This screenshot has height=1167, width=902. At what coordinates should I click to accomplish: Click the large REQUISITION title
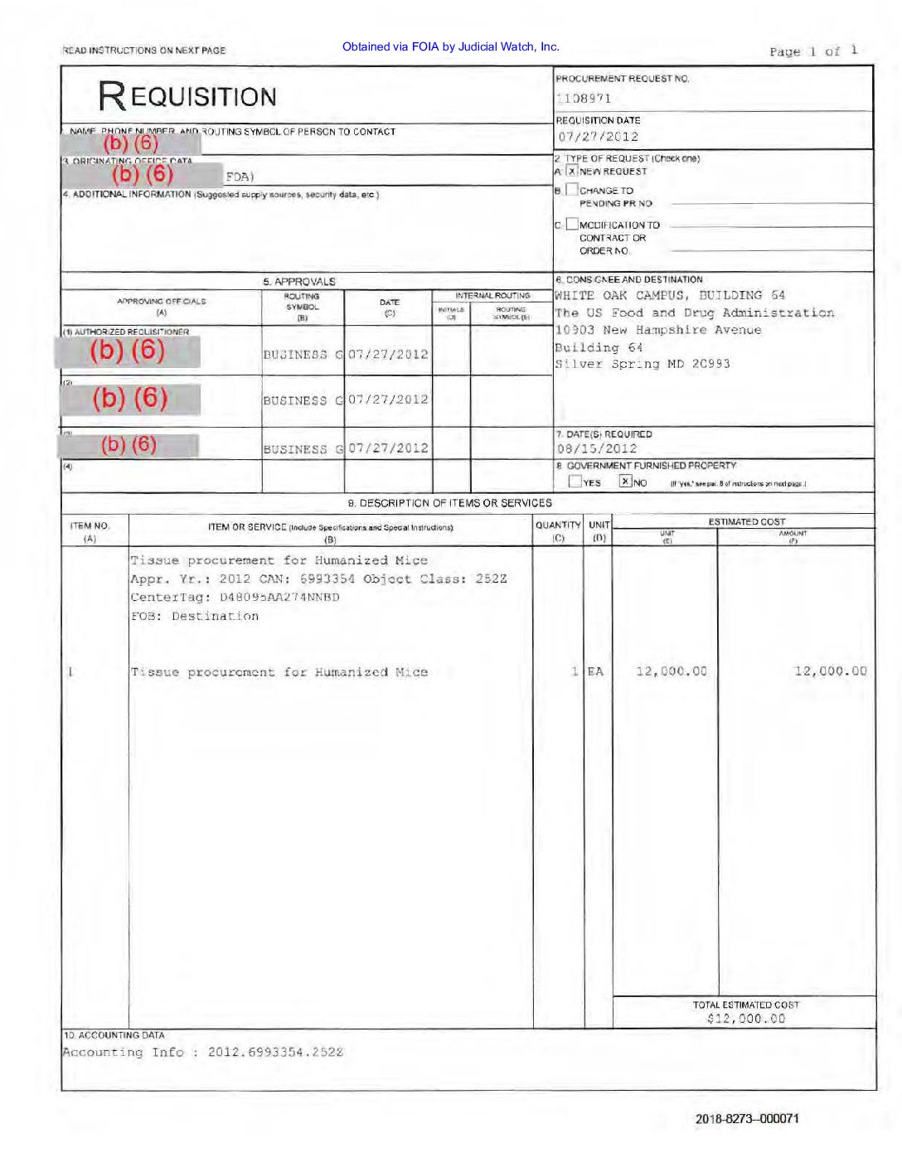point(187,96)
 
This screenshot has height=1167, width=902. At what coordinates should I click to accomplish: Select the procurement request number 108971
point(584,99)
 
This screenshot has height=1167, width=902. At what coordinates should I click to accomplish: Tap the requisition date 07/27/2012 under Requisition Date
point(598,137)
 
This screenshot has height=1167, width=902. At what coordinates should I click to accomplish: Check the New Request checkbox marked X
point(572,172)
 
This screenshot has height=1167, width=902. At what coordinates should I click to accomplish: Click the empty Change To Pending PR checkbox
point(572,190)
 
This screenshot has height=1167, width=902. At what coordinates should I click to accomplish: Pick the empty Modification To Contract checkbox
point(572,224)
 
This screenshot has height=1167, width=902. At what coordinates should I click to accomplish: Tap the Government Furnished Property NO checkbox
point(626,482)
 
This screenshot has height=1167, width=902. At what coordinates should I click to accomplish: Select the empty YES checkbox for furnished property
point(575,482)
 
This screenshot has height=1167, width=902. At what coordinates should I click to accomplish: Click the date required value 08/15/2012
point(597,448)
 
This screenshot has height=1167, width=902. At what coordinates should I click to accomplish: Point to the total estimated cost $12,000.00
point(746,1019)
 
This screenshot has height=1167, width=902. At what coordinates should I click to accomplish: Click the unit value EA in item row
point(595,671)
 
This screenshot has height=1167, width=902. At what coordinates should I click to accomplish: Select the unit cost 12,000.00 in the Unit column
point(672,671)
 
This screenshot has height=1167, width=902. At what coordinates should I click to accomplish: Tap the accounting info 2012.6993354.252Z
point(275,1052)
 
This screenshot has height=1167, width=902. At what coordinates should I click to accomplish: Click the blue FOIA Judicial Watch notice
point(451,47)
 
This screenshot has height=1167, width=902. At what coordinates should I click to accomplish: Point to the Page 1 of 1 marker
point(812,51)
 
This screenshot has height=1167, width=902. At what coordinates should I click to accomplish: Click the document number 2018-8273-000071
point(747,1118)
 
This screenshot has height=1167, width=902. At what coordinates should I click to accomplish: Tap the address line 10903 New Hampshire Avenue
point(657,330)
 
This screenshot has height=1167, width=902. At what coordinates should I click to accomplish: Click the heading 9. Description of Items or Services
point(449,503)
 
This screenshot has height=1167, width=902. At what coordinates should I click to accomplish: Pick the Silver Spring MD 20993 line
point(643,364)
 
